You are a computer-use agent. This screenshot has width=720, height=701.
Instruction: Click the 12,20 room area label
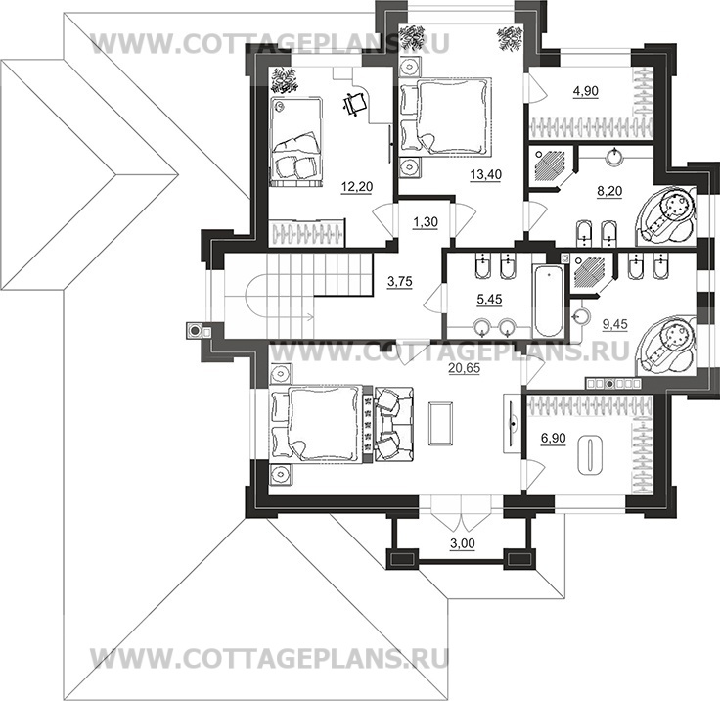[357, 187]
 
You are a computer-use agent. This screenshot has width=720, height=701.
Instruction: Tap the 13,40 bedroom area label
[486, 174]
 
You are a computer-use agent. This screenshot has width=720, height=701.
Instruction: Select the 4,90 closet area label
[585, 91]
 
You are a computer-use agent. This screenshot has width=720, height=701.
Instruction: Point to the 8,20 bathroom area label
[609, 191]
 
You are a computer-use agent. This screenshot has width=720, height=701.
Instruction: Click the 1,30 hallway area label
[426, 222]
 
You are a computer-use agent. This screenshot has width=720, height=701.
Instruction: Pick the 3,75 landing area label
[400, 282]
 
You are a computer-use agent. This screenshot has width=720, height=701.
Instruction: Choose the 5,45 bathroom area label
[489, 300]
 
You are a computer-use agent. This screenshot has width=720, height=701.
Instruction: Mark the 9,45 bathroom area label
[615, 324]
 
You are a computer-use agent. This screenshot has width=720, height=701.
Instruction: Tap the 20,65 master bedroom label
[465, 368]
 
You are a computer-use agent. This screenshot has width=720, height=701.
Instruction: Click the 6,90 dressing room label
[554, 439]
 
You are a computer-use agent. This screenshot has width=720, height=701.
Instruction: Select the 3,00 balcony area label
[462, 543]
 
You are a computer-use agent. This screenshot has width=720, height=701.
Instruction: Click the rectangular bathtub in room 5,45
[550, 302]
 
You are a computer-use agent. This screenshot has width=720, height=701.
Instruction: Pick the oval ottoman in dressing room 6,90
[590, 455]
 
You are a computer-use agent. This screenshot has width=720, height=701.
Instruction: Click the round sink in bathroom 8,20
[615, 157]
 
